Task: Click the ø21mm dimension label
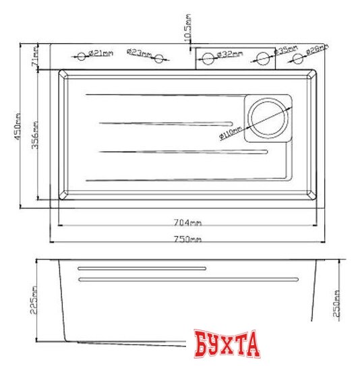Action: (102, 53)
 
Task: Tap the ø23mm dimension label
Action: (139, 53)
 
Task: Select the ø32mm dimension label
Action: (232, 53)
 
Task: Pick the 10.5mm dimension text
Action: (187, 28)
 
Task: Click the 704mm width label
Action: (188, 222)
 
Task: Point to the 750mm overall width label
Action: (188, 240)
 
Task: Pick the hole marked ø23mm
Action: (160, 59)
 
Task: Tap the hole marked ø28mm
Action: (296, 58)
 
